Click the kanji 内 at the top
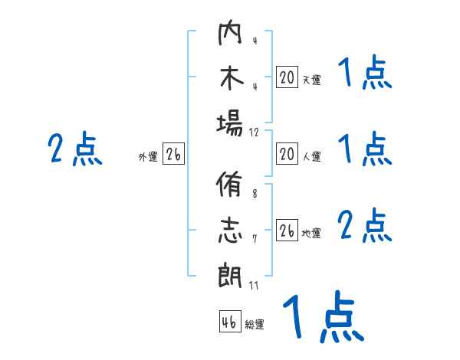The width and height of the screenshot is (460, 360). pos(230,35)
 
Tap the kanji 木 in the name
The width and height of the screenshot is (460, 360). pos(230,79)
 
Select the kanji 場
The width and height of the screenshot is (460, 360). pos(230,123)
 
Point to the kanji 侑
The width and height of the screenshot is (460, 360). pos(230,188)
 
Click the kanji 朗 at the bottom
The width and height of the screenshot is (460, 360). pos(230,276)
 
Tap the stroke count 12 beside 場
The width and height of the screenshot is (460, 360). pos(255,133)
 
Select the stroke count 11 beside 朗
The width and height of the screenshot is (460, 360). pos(255,286)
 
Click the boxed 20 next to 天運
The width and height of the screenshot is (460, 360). pos(287,77)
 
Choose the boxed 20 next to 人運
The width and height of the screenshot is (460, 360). pos(287,154)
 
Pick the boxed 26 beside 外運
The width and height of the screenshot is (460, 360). pos(173,155)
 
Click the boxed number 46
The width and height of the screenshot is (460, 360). pos(228,322)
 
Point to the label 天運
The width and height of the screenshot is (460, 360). pos(311,80)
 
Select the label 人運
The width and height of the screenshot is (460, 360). pos(311,157)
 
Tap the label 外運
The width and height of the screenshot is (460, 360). pos(148,157)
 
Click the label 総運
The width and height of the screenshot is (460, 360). pos(254,325)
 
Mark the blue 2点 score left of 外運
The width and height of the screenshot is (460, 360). pos(75,149)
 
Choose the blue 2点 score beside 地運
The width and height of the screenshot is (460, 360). pos(364,227)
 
